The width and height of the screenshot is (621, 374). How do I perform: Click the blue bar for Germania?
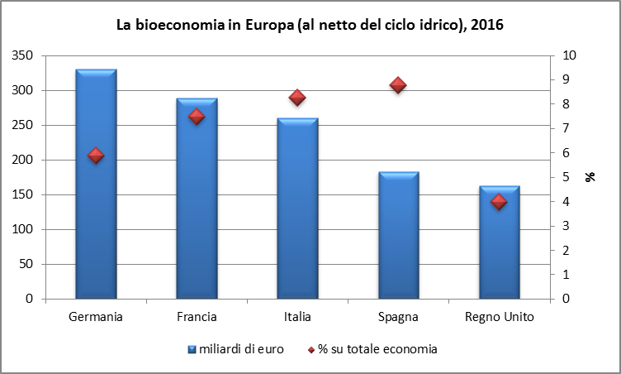(x=97, y=184)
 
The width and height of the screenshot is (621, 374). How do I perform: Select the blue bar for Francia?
(x=197, y=198)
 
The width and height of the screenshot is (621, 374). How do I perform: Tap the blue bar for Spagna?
(x=399, y=235)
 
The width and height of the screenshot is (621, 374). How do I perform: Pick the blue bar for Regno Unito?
(x=500, y=242)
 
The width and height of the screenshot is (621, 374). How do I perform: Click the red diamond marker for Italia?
(x=297, y=98)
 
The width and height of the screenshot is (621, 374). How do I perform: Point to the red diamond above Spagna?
(x=398, y=85)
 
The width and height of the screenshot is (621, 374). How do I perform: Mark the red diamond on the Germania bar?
(x=96, y=156)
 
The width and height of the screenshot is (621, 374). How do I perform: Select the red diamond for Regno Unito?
(x=499, y=202)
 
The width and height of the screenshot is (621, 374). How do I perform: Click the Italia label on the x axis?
(x=297, y=317)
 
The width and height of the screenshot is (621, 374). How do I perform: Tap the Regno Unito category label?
(x=500, y=317)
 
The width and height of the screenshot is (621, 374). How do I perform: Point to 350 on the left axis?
(x=22, y=55)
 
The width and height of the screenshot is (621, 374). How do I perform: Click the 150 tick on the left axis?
(x=22, y=194)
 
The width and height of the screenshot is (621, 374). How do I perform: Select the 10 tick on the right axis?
(x=569, y=55)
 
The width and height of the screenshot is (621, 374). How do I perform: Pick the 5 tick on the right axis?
(x=566, y=177)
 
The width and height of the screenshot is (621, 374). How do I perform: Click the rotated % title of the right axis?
(x=590, y=177)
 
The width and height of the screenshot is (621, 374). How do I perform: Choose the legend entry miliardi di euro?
(x=236, y=349)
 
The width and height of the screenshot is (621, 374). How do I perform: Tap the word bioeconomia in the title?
(x=179, y=25)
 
